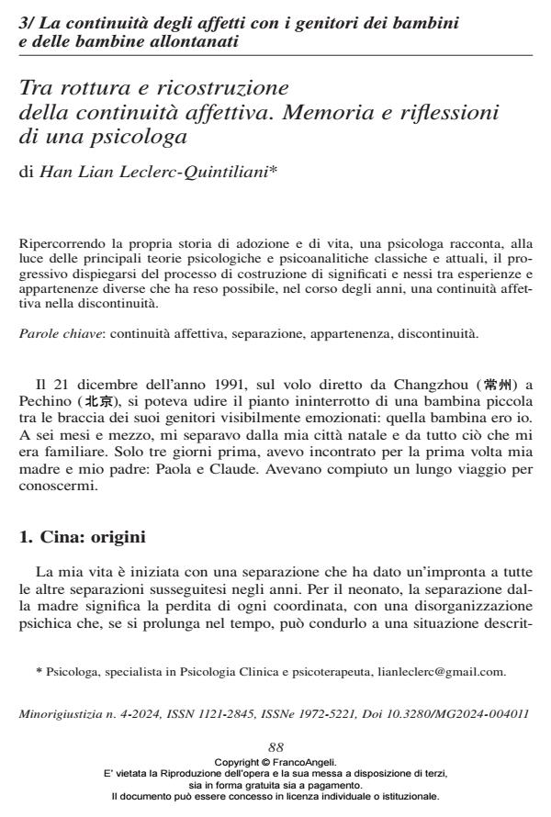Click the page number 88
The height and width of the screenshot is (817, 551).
pyautogui.click(x=275, y=749)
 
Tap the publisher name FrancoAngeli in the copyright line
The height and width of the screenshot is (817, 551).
pyautogui.click(x=309, y=761)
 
